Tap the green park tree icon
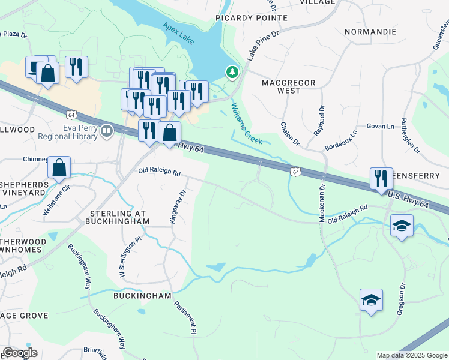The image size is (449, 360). tap(232, 72)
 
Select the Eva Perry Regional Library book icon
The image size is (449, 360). tap(107, 130)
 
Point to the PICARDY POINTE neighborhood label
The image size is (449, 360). tap(252, 18)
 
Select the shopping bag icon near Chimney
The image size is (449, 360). tap(59, 168)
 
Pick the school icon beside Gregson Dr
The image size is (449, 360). tap(371, 300)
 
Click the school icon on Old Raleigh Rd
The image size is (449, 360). tap(402, 227)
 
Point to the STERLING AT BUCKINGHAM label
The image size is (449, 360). tap(119, 218)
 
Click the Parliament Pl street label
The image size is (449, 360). tap(185, 316)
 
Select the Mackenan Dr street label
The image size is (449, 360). tap(322, 205)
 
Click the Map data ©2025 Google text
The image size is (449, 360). tap(411, 355)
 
